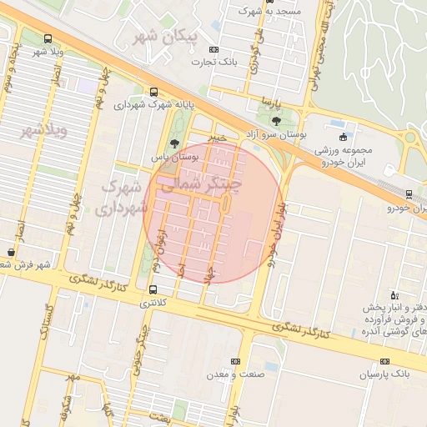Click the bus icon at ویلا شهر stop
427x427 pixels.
[x=48, y=38]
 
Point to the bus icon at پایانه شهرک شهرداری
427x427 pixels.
[x=153, y=93]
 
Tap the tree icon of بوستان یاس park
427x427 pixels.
[x=173, y=143]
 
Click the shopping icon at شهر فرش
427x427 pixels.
[x=9, y=251]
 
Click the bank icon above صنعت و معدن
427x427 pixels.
[x=235, y=361]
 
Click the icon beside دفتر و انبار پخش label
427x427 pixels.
[x=395, y=295]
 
